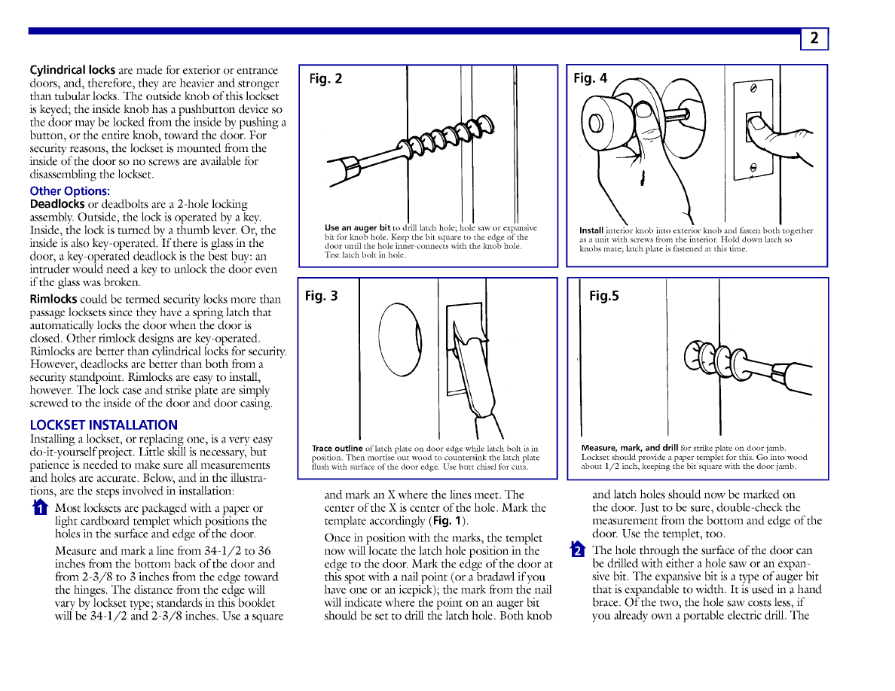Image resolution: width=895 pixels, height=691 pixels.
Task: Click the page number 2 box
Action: point(814,39)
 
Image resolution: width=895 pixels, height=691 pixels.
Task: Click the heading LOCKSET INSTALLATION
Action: point(104,425)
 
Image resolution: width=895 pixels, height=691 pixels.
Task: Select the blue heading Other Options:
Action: point(69,191)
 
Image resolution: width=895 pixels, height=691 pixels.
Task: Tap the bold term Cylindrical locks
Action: point(72,70)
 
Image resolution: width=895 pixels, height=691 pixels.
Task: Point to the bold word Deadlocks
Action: point(57,204)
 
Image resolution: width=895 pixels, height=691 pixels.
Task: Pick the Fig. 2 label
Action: point(325,79)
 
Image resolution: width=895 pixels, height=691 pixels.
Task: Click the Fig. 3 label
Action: point(322,296)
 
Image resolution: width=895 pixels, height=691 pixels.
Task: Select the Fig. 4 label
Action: point(590,78)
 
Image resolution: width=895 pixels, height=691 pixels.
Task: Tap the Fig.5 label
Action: point(604,296)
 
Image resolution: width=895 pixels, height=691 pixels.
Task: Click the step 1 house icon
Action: point(38,508)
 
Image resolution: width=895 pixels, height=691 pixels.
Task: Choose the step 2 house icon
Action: point(578,549)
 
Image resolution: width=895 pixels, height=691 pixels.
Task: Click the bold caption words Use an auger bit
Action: point(357,228)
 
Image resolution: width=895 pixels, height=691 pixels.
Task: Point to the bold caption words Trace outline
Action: point(337,449)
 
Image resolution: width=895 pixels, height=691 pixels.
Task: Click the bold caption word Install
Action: point(591,230)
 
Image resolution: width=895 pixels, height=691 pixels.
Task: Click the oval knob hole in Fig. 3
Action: point(401,341)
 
